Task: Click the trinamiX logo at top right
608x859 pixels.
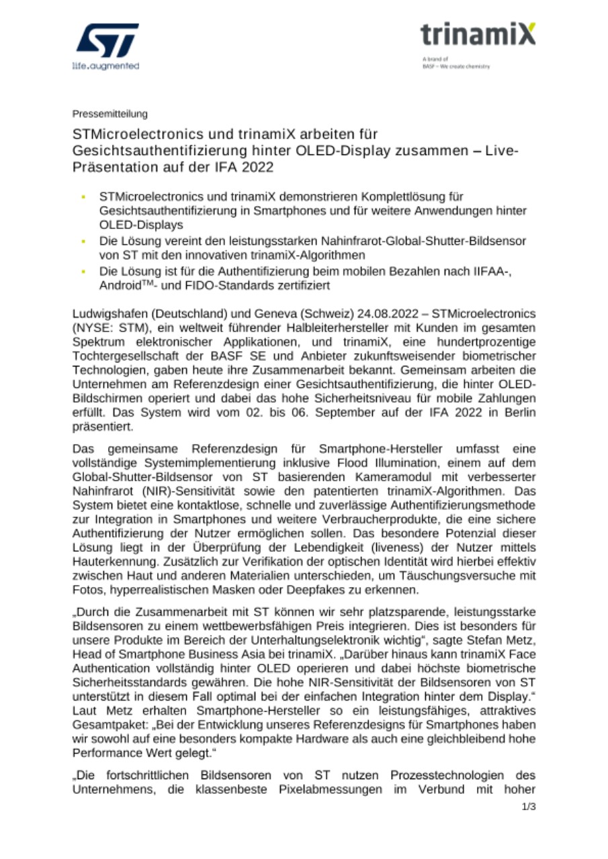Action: tap(478, 34)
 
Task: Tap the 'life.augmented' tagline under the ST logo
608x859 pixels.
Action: tap(105, 66)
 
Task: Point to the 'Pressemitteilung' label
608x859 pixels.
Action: tap(110, 113)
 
